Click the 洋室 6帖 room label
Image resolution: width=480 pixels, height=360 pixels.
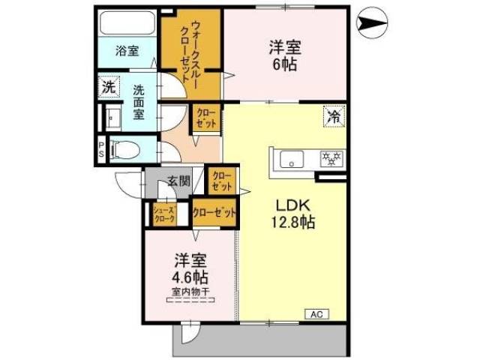[285, 56]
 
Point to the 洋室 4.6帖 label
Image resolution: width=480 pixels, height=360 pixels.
[191, 268]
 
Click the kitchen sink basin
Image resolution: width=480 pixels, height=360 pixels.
[289, 159]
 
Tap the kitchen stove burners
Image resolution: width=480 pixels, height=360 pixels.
[331, 158]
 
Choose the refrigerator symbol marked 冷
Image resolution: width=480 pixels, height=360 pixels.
[334, 116]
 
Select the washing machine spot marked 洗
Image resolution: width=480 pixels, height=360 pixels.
[109, 87]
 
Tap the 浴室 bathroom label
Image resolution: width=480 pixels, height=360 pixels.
[127, 52]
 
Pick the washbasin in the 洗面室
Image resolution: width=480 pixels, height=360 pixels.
[113, 118]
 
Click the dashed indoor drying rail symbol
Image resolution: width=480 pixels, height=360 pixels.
[190, 300]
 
